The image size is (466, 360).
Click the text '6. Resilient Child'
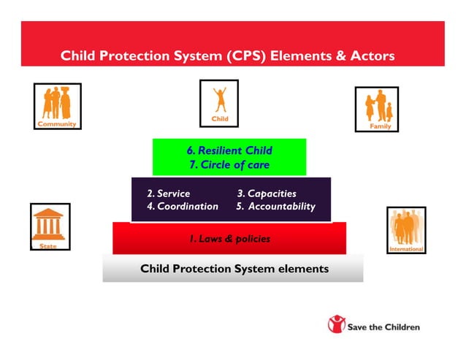point(229,150)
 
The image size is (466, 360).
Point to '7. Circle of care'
point(229,165)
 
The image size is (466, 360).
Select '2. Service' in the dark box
point(168,194)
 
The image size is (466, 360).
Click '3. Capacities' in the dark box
point(267,194)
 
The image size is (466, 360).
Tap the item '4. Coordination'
point(182,207)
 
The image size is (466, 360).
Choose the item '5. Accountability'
point(275,207)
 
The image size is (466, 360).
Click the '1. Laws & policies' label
point(229,239)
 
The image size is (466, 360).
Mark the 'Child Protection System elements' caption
point(234,269)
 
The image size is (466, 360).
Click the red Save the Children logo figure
point(337,325)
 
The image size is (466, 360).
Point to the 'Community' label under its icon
point(57,124)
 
